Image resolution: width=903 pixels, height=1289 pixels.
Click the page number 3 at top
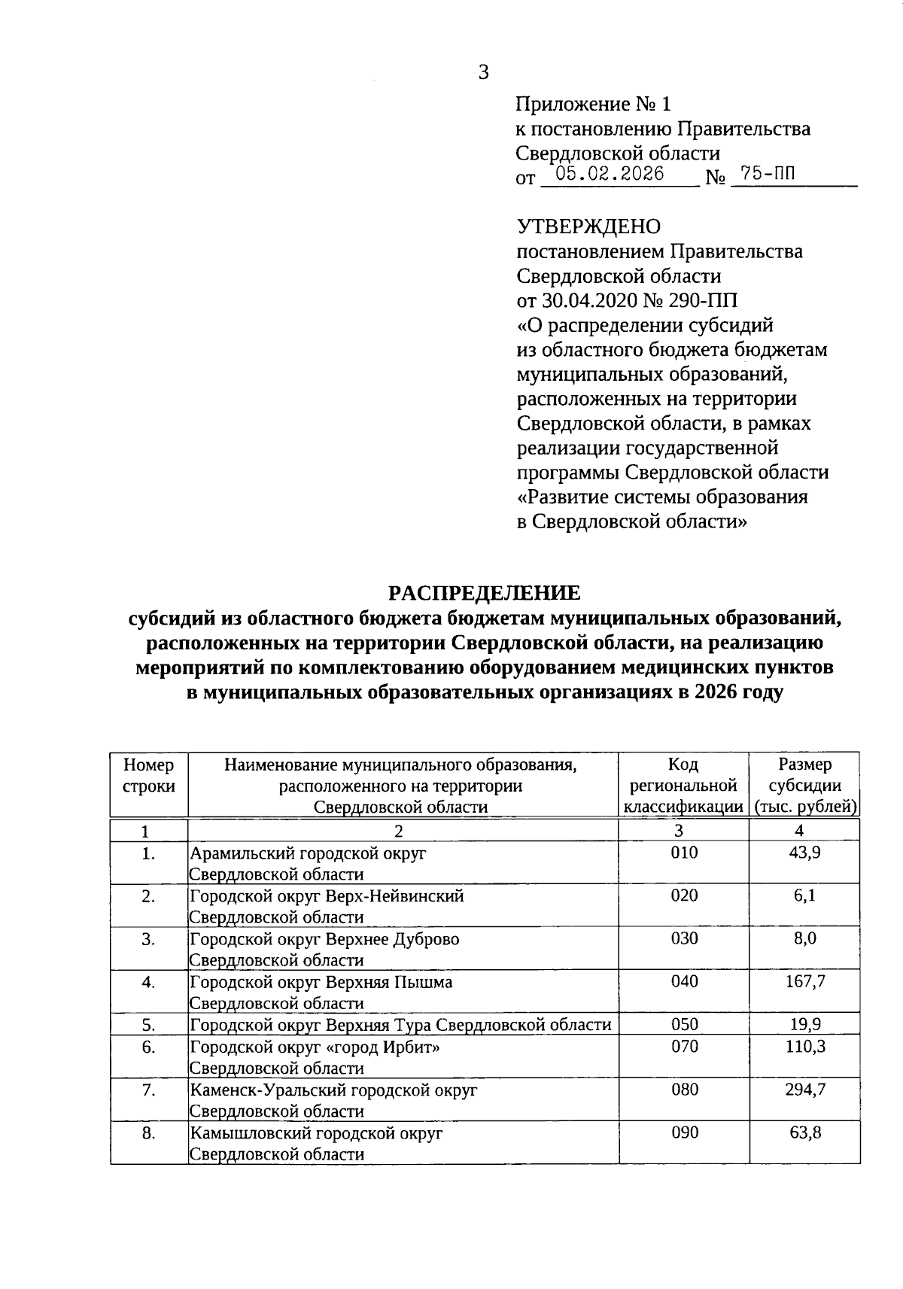[483, 72]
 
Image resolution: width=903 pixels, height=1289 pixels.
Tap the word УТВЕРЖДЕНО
[588, 226]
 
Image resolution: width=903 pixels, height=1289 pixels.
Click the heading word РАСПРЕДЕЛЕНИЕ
[484, 593]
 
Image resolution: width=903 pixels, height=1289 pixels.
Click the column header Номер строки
[148, 776]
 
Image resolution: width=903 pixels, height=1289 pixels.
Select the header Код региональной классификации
[683, 786]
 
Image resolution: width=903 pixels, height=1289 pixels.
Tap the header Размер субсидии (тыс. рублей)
[804, 786]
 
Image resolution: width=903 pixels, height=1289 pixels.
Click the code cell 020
[684, 895]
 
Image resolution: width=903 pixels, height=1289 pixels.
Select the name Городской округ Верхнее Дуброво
[324, 939]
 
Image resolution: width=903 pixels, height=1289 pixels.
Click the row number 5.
[148, 1024]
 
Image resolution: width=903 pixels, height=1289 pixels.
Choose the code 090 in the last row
[684, 1132]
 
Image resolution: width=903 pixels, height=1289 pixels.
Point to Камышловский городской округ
[316, 1132]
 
